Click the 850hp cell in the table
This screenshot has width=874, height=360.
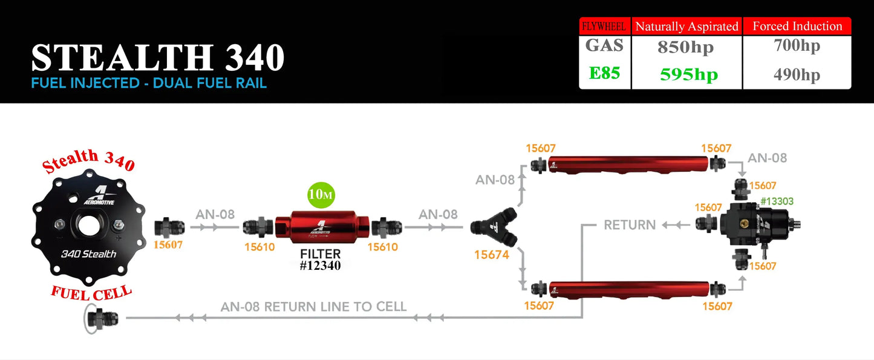click(686, 48)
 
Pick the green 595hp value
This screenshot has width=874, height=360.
click(688, 74)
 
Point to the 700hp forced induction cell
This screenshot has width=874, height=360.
click(797, 45)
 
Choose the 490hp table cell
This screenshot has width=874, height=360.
click(797, 74)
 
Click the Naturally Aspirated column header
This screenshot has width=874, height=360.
click(686, 26)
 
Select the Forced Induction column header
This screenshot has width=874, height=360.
click(797, 26)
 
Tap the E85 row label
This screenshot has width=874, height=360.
click(605, 74)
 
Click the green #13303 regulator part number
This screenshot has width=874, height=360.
click(777, 201)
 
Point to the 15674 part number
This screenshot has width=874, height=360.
click(492, 255)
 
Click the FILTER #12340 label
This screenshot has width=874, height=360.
click(321, 260)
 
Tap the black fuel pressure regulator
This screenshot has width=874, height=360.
click(756, 224)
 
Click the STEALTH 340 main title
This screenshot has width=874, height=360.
click(157, 58)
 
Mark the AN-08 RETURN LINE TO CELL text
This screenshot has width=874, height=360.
click(313, 307)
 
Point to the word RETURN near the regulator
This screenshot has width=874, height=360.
click(630, 225)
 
